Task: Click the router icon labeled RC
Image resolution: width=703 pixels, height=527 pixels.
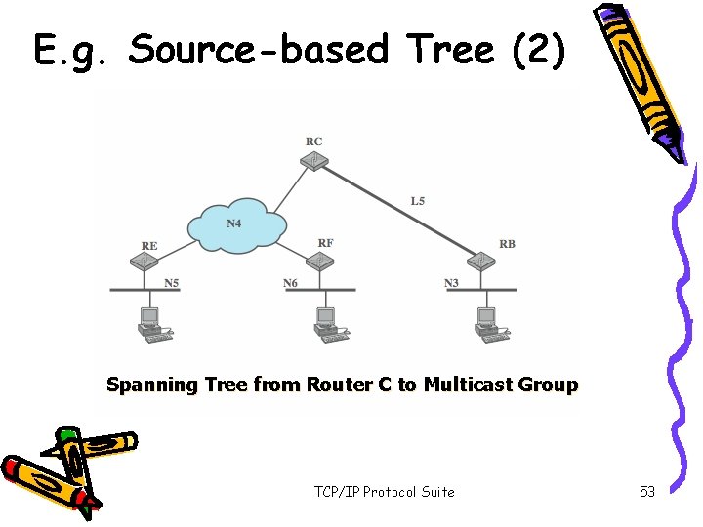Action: tap(313, 160)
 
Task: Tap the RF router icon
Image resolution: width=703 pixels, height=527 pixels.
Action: tap(319, 261)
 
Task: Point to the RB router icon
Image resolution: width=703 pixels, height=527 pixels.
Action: tap(480, 261)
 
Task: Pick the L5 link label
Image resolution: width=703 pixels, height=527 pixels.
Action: tap(418, 201)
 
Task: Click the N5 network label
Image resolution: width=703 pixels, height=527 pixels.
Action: tap(171, 283)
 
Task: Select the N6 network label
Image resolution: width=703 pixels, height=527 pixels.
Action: tap(290, 283)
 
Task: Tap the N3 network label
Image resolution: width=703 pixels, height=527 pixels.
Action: tap(451, 283)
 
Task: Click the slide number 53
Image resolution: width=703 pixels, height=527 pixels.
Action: tap(647, 492)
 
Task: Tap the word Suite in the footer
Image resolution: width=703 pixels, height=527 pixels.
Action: tap(436, 492)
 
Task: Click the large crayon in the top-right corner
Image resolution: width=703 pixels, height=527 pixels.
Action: tap(644, 78)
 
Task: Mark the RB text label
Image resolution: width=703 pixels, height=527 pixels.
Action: tap(507, 244)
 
